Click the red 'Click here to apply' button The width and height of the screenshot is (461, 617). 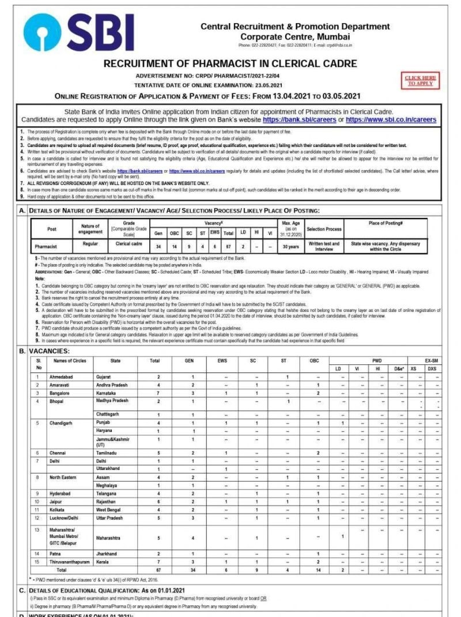click(420, 80)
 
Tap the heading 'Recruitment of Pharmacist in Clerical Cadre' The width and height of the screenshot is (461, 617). click(230, 63)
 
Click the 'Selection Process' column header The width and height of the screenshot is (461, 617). click(324, 229)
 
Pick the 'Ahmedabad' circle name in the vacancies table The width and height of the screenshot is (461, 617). click(65, 377)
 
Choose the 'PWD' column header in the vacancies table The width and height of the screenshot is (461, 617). click(376, 360)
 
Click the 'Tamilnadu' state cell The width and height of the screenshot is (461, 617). click(110, 453)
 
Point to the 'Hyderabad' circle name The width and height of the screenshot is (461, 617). click(63, 494)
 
